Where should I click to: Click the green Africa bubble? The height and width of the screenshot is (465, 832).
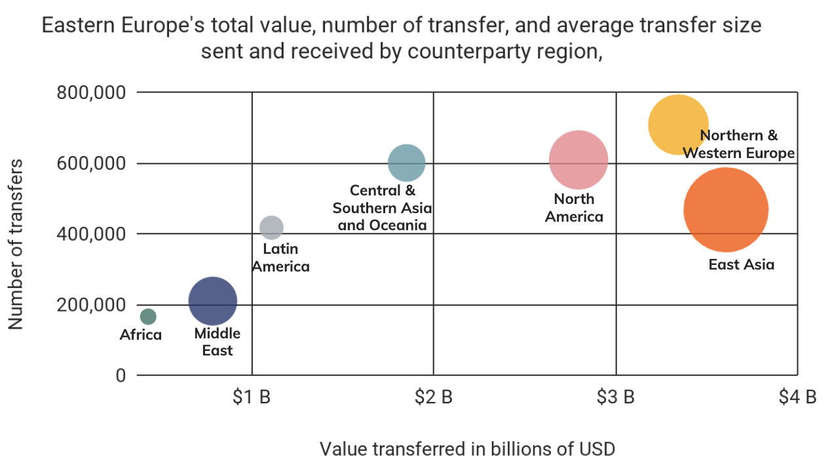[x=148, y=317]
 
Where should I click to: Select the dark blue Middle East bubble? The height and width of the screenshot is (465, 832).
[x=212, y=301]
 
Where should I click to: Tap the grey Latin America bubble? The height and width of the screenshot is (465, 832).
[x=271, y=228]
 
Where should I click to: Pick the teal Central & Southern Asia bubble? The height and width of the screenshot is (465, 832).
[x=407, y=163]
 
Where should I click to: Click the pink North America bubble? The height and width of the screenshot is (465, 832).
[x=578, y=160]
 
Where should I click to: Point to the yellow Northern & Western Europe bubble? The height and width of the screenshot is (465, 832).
[x=678, y=125]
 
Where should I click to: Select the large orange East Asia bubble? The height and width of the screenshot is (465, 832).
[x=725, y=210]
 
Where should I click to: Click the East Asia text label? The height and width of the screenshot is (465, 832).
[x=742, y=265]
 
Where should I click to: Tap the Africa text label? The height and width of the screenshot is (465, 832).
[x=141, y=335]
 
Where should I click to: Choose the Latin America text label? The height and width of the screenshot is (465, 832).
[x=280, y=258]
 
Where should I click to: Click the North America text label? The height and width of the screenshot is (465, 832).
[x=574, y=208]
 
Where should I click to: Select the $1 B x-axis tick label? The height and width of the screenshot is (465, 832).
[x=252, y=397]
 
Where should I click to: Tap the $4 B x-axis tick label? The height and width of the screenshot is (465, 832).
[x=797, y=397]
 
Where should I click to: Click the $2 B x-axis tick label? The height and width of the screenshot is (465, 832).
[x=434, y=397]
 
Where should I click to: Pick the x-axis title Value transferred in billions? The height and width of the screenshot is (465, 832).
[x=467, y=449]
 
